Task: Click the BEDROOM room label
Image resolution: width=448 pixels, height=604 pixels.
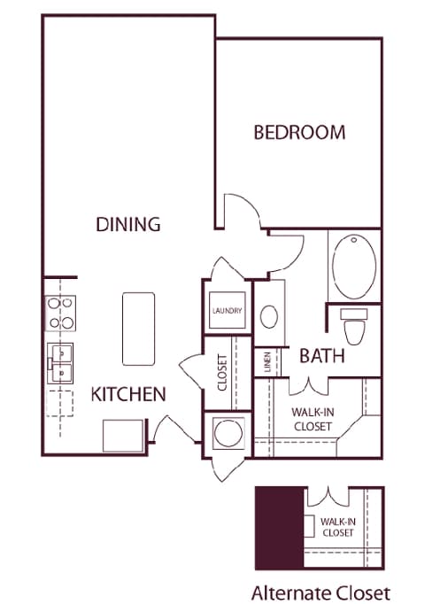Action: [x=299, y=133]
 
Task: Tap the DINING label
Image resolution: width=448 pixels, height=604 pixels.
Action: [x=128, y=224]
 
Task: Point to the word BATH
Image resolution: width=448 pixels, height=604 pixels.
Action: [x=321, y=357]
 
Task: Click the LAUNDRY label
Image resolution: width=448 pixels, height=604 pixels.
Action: [x=227, y=311]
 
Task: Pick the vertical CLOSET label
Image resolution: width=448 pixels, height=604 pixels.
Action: [x=222, y=373]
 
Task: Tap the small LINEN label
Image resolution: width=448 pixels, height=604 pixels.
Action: [x=266, y=362]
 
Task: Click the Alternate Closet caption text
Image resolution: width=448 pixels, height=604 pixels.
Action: [x=321, y=592]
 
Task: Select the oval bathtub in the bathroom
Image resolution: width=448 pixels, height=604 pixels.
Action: [x=354, y=265]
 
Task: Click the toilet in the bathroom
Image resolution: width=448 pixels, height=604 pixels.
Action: [x=355, y=327]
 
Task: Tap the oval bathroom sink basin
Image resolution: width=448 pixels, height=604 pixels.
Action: [x=270, y=315]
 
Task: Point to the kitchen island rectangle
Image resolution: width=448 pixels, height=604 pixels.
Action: [x=138, y=328]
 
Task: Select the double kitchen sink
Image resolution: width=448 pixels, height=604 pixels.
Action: [x=60, y=363]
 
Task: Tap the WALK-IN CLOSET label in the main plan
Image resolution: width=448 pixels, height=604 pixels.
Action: [x=312, y=419]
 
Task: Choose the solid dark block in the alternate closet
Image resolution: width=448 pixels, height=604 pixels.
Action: [x=278, y=529]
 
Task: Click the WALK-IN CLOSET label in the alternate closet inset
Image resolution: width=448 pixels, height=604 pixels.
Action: [x=337, y=528]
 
